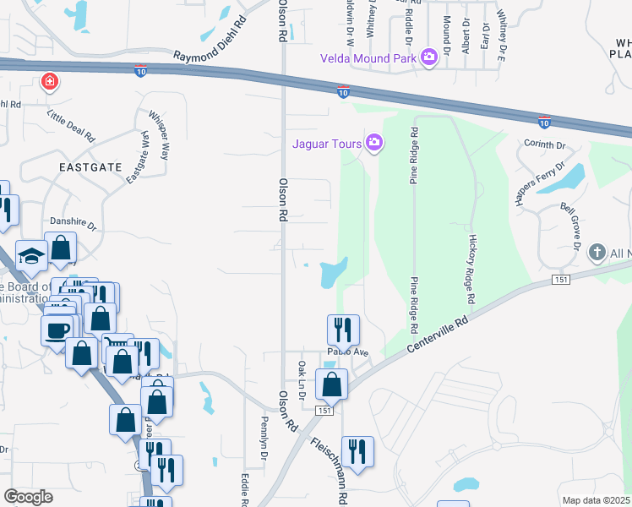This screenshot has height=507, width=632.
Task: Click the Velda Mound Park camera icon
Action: tap(428, 57)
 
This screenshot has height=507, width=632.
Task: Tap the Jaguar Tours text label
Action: tap(327, 143)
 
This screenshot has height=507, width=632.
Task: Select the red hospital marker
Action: tap(51, 82)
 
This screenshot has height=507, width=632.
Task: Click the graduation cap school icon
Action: tap(31, 256)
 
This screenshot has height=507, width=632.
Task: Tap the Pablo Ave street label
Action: tap(348, 352)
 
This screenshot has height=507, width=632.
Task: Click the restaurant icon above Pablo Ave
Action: tap(343, 330)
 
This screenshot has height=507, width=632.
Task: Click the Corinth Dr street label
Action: tap(544, 145)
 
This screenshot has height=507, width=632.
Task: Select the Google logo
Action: tap(29, 496)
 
